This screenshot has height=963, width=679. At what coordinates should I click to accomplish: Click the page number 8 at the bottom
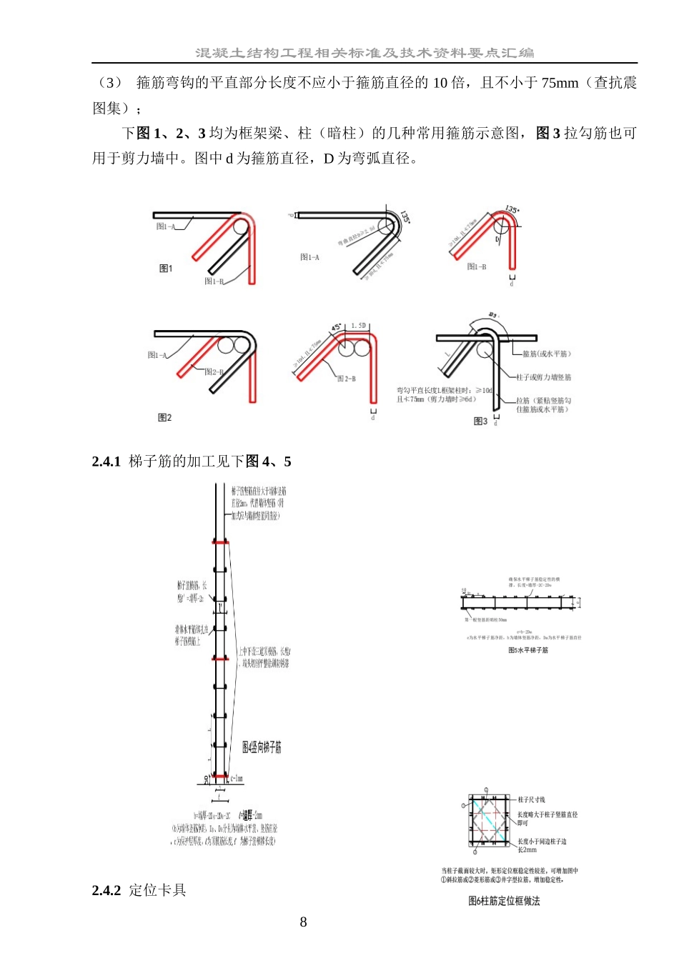coord(303,922)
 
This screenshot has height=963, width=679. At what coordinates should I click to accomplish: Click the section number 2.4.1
coord(106,461)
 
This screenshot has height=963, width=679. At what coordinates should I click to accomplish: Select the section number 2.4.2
coord(106,890)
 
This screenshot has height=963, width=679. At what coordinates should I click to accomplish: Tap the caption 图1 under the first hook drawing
coord(166,269)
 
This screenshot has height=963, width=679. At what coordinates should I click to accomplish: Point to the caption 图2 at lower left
coord(165,417)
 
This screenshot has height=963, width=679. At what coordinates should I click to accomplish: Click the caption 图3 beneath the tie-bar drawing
coord(480,421)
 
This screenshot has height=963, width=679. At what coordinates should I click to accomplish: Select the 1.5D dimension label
coord(358,326)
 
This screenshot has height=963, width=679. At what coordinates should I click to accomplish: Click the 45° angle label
coord(336,328)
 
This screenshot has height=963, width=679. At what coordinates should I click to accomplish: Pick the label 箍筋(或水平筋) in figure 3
coord(546,354)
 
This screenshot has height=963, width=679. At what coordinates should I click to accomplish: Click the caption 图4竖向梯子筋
coord(262,747)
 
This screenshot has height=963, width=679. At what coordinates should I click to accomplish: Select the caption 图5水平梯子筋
coord(528,650)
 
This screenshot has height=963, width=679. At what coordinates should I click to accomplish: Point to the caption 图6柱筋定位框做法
coord(504,902)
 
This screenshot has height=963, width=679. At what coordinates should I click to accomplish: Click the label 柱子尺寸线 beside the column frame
coord(531,799)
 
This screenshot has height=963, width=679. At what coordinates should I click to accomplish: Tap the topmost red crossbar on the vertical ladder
coord(220,543)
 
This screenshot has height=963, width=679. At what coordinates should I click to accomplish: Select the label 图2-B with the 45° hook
coord(346,379)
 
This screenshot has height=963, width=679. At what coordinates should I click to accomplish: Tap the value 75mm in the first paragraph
coord(559,83)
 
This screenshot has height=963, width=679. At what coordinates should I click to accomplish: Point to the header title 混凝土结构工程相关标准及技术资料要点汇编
coord(365,53)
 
